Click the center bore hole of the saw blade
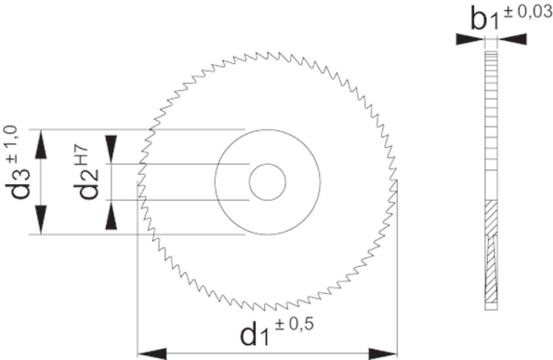coord(267,181)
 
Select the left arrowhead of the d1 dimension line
coord(147,353)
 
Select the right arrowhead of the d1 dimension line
coord(388,353)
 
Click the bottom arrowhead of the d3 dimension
coord(40,225)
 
